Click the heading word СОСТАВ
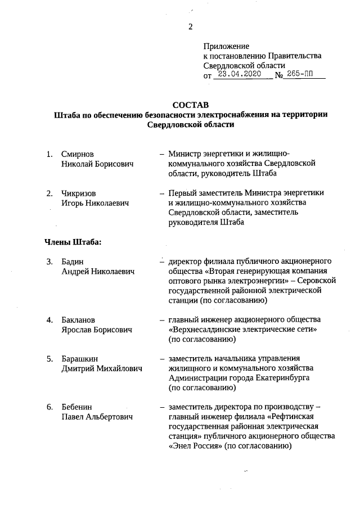click(x=190, y=105)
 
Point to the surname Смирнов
click(x=78, y=154)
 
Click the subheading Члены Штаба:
click(x=73, y=242)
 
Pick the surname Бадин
click(x=73, y=262)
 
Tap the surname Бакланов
click(x=79, y=320)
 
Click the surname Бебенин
click(x=78, y=407)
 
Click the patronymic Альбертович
click(x=111, y=417)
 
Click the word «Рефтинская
click(x=296, y=417)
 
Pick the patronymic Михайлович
click(x=118, y=368)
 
